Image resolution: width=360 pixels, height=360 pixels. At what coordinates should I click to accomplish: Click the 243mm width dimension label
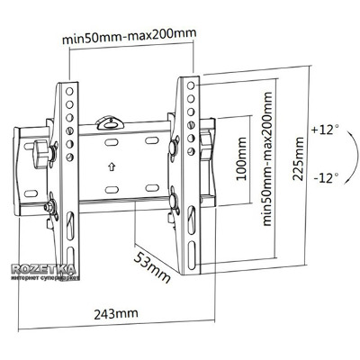(x=116, y=314)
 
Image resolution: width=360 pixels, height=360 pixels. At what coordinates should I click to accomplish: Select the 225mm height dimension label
(x=299, y=158)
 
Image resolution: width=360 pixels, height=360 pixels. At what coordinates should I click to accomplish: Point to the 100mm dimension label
(x=241, y=158)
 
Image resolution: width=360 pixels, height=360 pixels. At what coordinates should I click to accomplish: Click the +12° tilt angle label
(x=326, y=130)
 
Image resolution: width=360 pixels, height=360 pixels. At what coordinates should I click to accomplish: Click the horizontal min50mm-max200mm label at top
(x=130, y=36)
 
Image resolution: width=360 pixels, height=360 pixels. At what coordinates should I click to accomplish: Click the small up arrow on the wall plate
(x=112, y=166)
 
